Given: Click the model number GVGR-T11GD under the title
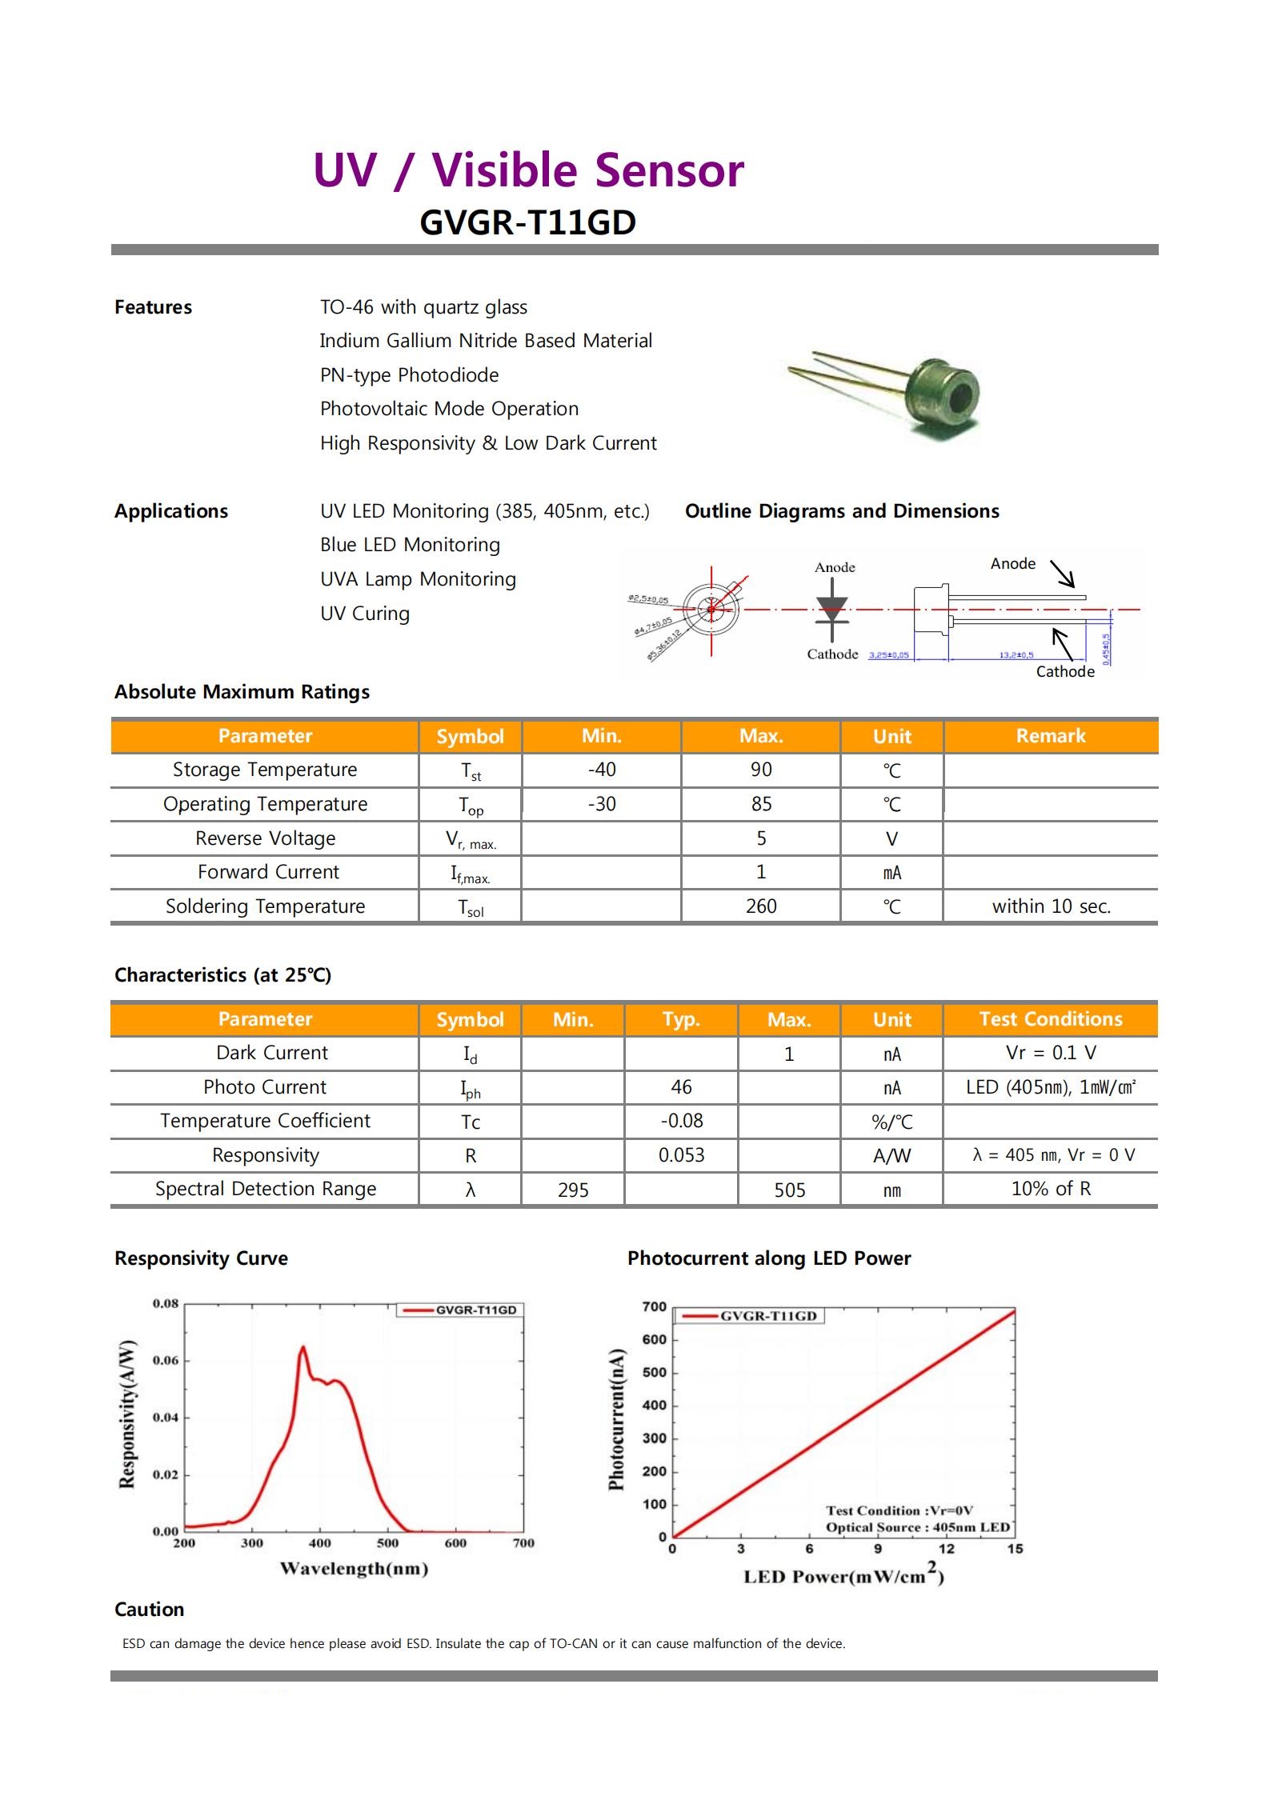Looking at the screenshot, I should click(527, 222).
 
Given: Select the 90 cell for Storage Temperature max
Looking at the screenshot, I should click(760, 770).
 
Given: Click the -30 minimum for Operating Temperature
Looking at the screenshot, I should click(601, 804).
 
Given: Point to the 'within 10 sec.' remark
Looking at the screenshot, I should click(1051, 906).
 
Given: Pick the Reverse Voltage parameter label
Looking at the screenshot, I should click(265, 838).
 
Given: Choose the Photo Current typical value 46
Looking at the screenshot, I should click(681, 1087).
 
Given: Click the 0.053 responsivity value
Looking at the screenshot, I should click(681, 1155).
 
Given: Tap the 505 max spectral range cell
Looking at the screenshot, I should click(789, 1190).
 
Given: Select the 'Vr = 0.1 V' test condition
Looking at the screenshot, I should click(1051, 1053).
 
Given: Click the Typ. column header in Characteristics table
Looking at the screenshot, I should click(681, 1019).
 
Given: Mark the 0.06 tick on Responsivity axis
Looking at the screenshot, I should click(166, 1361).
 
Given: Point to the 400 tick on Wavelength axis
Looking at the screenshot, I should click(319, 1543).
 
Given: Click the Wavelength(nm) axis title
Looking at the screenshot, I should click(354, 1569).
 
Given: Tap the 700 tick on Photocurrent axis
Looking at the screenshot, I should click(654, 1307).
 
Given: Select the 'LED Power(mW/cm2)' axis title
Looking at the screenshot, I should click(843, 1576).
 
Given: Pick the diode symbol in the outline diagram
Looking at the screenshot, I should click(832, 610).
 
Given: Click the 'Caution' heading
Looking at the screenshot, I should click(150, 1610).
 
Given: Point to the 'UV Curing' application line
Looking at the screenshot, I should click(365, 614).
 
